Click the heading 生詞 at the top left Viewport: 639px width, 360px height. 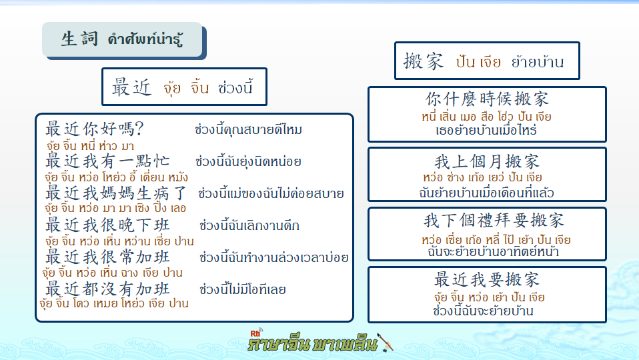tap(79, 39)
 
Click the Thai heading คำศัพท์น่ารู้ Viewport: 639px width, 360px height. tap(145, 39)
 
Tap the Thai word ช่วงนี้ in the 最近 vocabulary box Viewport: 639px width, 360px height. tap(235, 87)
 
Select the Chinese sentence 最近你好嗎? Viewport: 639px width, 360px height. tap(95, 129)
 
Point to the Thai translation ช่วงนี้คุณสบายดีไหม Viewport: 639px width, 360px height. tap(248, 129)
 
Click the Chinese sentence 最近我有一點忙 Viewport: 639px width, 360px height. tap(107, 161)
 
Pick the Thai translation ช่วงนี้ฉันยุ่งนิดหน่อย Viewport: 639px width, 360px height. tap(248, 161)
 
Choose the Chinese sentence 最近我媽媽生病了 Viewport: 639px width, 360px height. tap(116, 193)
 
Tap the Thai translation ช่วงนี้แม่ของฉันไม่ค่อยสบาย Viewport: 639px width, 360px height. tap(271, 193)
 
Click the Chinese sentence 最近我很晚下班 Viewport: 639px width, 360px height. tap(107, 225)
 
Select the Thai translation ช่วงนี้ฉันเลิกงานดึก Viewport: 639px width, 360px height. tap(249, 225)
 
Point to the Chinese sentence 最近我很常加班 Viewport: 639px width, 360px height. tap(107, 257)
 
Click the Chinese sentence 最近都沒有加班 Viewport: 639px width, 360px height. tap(107, 289)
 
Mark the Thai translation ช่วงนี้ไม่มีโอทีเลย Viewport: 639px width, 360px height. tap(243, 289)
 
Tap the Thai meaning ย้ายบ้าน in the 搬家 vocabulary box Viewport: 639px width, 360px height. tap(538, 62)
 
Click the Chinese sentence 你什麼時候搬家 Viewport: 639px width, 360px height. tap(487, 99)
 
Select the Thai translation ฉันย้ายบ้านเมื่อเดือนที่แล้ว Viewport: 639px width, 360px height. tap(486, 192)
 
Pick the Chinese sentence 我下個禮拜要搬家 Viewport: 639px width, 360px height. tap(494, 220)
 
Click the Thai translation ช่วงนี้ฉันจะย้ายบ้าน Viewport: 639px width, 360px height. tap(484, 311)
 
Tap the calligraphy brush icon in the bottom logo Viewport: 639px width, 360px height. tap(385, 342)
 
